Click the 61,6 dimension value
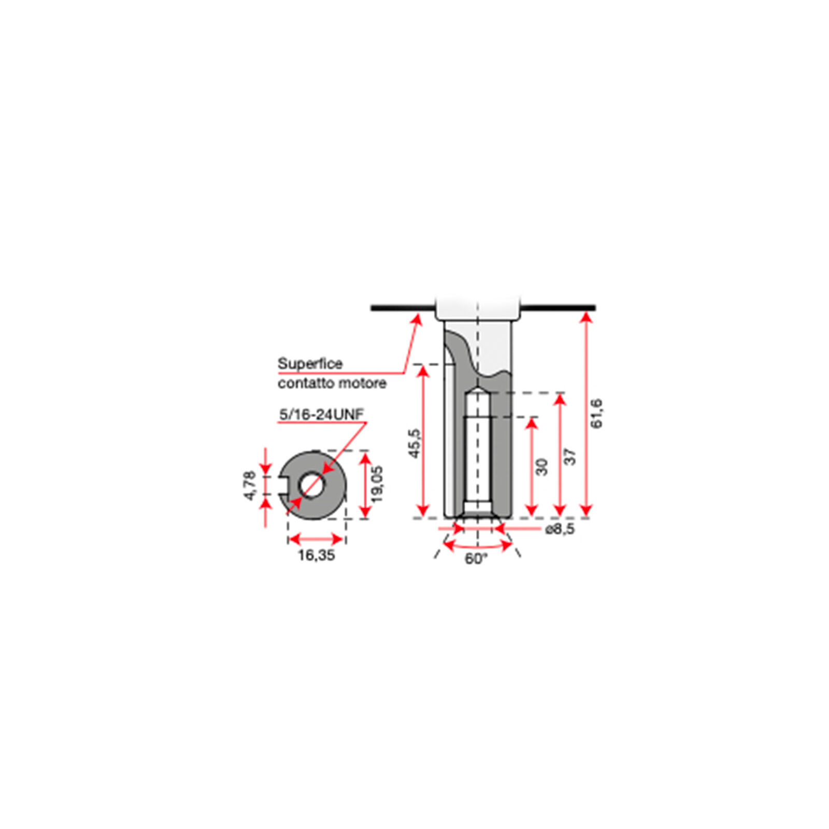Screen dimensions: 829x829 [x=597, y=413]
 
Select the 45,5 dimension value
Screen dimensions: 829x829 [x=415, y=443]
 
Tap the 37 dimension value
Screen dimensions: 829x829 [x=569, y=456]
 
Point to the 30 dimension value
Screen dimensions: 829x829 [x=541, y=466]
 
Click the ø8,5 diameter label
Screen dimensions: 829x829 [x=560, y=530]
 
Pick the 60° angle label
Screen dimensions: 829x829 [x=476, y=559]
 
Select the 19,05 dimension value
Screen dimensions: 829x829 [x=377, y=484]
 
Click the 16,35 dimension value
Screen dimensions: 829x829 [x=316, y=555]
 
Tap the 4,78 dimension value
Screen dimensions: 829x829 [x=250, y=485]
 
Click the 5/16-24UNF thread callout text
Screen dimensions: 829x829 [x=322, y=414]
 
